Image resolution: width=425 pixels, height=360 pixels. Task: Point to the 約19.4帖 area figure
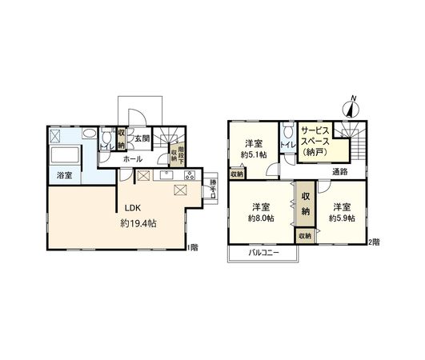139,223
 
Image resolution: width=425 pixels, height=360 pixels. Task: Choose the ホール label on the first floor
132,159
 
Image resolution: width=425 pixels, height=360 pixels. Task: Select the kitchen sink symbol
168,174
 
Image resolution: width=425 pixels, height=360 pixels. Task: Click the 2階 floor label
374,241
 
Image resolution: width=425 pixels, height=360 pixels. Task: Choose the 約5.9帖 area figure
340,218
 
